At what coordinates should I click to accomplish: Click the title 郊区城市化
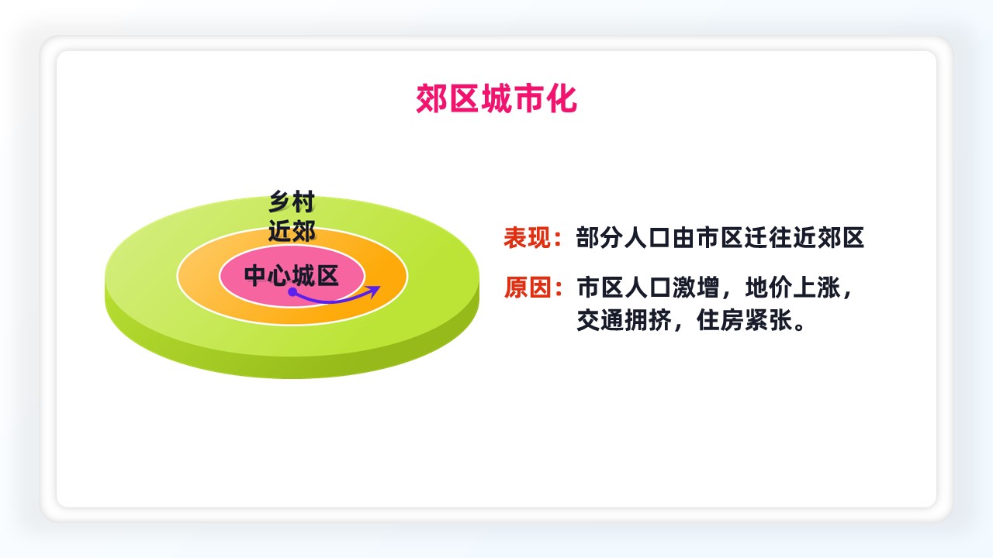point(496,98)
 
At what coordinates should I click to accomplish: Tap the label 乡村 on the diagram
point(292,202)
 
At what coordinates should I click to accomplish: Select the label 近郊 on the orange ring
point(292,231)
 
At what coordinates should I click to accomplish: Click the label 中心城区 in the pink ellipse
point(291,275)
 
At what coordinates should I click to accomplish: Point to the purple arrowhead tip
point(380,287)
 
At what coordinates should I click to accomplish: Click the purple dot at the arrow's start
point(292,292)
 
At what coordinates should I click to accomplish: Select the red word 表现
point(528,237)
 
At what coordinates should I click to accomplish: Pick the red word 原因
point(528,288)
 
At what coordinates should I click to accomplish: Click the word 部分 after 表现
point(600,237)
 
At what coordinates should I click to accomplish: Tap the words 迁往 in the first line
point(768,237)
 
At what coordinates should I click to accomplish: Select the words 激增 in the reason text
point(696,288)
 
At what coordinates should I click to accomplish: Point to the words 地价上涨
point(793,288)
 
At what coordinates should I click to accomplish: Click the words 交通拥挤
point(624,320)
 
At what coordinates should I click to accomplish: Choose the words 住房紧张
point(744,320)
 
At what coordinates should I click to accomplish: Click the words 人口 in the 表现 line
point(648,237)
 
